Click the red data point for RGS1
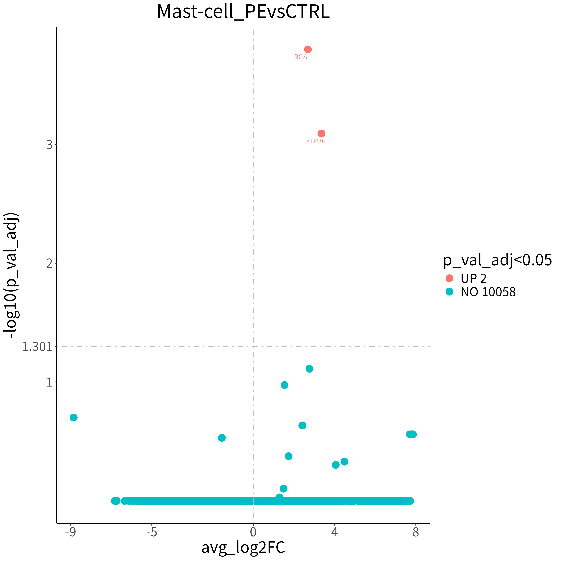[308, 49]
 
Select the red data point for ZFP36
[321, 134]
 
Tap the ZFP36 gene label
[316, 141]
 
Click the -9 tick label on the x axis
[70, 532]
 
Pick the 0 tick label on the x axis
[253, 532]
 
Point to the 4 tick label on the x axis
[335, 532]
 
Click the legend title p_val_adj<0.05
[497, 260]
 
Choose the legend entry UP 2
[466, 278]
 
